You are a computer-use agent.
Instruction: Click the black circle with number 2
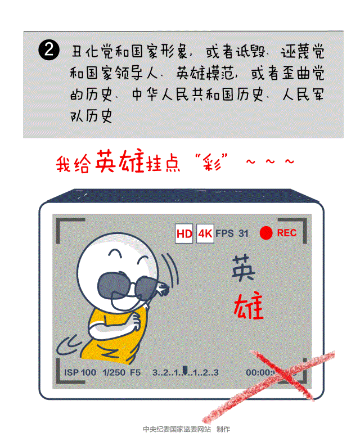(x=49, y=49)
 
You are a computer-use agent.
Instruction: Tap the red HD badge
(x=184, y=233)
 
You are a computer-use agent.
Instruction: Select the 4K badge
(x=205, y=233)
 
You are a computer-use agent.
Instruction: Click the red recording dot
(x=266, y=233)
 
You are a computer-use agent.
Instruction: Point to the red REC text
(x=287, y=233)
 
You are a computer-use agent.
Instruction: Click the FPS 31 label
(x=232, y=233)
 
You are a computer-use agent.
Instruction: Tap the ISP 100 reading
(x=80, y=372)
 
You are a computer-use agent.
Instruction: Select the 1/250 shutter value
(x=114, y=372)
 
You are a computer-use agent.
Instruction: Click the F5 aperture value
(x=135, y=372)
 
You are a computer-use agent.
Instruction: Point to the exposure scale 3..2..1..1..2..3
(x=186, y=372)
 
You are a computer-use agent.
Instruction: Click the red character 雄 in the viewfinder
(x=249, y=306)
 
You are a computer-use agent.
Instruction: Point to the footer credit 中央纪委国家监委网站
(x=177, y=429)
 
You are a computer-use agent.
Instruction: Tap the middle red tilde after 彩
(x=270, y=161)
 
